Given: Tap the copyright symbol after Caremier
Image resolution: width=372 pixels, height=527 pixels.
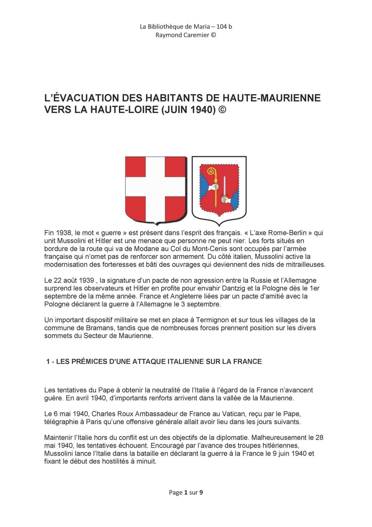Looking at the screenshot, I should [213, 35].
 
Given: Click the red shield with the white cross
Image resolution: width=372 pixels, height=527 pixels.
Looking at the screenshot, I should [156, 190].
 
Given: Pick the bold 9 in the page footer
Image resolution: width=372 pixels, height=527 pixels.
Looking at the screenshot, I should [201, 492].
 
